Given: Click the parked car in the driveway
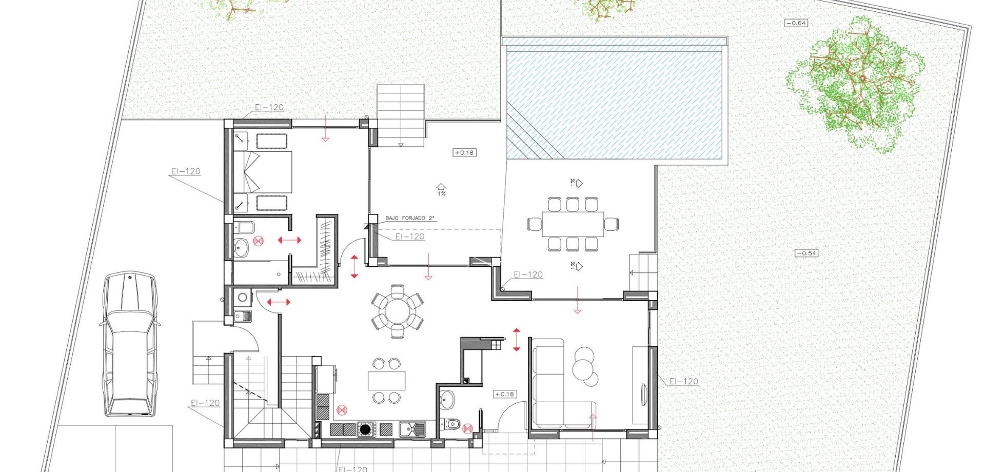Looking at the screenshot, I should [x=129, y=344].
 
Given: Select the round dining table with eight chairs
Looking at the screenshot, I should [x=398, y=311].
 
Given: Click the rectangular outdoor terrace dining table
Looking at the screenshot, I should [x=573, y=224].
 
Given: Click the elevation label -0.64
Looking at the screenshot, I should [x=796, y=23].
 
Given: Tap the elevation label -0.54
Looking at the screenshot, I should [x=806, y=253].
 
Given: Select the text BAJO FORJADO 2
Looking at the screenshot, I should [x=409, y=219].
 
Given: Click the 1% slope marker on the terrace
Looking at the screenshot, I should [x=441, y=190].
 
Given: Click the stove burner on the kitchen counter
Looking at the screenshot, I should [x=365, y=429].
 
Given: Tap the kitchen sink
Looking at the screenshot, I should [x=412, y=428].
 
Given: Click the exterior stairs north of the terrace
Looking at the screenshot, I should [x=401, y=114].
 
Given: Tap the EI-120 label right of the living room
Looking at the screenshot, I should [x=684, y=381].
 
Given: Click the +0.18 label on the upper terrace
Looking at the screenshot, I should [x=464, y=152].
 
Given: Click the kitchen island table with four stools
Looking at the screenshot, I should [x=386, y=380].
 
